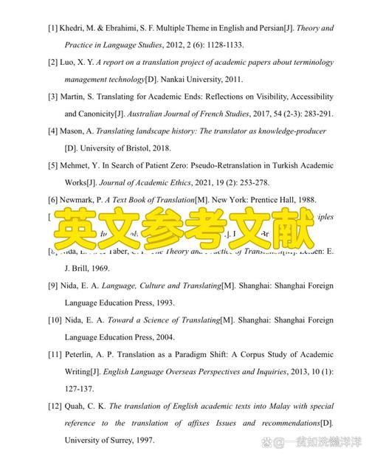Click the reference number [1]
click(x=53, y=28)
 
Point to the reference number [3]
click(x=53, y=97)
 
